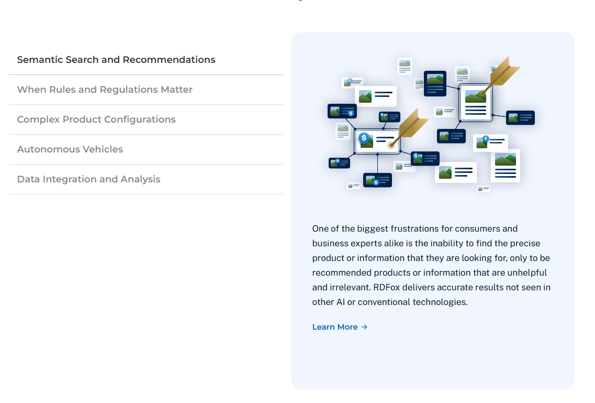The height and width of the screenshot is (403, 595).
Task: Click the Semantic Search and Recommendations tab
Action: pyautogui.click(x=116, y=60)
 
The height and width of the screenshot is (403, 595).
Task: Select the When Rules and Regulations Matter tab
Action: pyautogui.click(x=105, y=90)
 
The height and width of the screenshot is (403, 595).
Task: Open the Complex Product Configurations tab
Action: pyautogui.click(x=96, y=119)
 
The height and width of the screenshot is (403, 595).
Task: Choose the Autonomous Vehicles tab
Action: pyautogui.click(x=70, y=149)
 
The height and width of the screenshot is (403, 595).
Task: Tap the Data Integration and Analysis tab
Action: pyautogui.click(x=89, y=179)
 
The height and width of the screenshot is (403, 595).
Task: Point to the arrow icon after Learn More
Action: pyautogui.click(x=365, y=327)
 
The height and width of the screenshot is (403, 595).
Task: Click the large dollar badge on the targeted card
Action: pyautogui.click(x=364, y=138)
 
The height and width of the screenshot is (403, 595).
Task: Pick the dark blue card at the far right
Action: pyautogui.click(x=520, y=118)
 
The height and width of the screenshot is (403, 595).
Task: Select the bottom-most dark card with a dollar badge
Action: pyautogui.click(x=377, y=180)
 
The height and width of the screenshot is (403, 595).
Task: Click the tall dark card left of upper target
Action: pyautogui.click(x=435, y=83)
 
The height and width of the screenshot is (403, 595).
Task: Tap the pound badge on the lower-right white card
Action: pyautogui.click(x=486, y=139)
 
